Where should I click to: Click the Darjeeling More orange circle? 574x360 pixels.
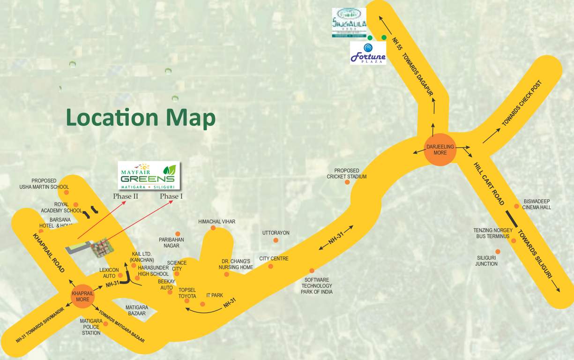pos(440,150)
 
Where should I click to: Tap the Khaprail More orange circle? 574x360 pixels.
pos(82,296)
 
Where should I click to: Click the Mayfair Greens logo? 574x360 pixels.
pos(149,175)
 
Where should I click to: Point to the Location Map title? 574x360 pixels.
pos(141,117)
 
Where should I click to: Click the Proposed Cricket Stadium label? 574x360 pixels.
pos(347,173)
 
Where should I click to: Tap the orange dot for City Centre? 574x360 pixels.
pos(270,266)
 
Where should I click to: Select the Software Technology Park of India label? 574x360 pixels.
pos(317,286)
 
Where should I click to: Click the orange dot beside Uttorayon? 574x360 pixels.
pos(276,240)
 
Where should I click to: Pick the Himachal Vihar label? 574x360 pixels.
pos(216,222)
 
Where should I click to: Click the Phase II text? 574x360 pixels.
pos(126,196)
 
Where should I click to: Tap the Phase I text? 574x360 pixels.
pos(171,196)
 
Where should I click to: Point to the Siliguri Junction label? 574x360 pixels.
pos(486,261)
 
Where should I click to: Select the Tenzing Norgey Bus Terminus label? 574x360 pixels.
pos(491,233)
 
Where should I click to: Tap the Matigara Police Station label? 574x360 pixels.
pos(91,327)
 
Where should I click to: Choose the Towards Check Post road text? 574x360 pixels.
pos(522,103)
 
